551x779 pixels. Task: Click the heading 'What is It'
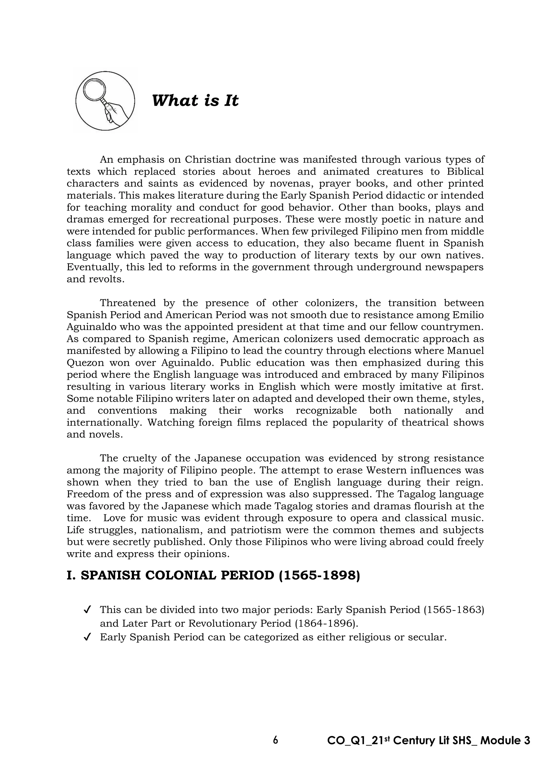[195, 100]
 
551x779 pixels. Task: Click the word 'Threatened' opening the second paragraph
[128, 303]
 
